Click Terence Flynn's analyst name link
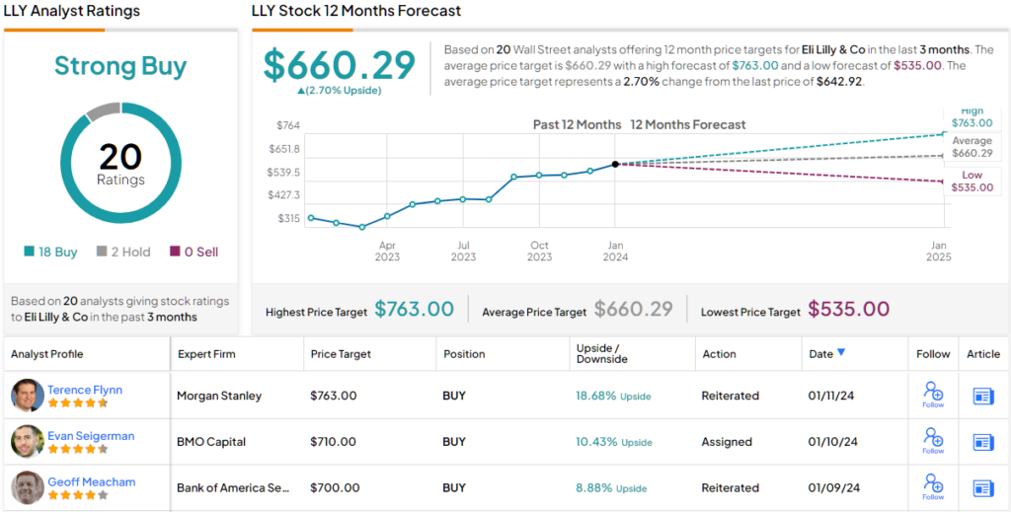coord(85,390)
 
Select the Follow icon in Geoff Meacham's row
coord(932,486)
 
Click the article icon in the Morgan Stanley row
coord(982,396)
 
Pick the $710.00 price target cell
coord(333,442)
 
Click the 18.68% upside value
coord(595,396)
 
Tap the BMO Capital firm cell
coord(210,442)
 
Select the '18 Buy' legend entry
coord(51,252)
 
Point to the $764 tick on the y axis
coord(287,125)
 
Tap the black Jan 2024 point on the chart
coord(615,164)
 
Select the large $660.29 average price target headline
coord(340,65)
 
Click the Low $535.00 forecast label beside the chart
coord(972,182)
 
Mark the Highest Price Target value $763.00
coord(414,310)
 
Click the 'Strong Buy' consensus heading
coord(120,66)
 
